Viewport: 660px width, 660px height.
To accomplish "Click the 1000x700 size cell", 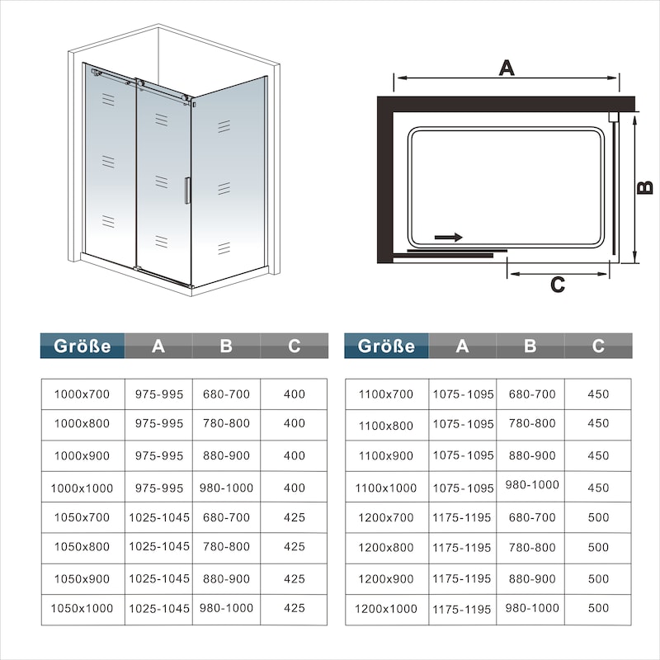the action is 82,394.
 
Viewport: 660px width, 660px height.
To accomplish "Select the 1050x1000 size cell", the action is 82,608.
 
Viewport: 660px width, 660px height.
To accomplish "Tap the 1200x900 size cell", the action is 386,579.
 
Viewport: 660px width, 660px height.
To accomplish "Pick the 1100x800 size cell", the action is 386,426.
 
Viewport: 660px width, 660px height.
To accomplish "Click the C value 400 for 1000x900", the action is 295,455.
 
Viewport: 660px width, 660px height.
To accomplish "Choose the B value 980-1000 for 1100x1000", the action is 532,485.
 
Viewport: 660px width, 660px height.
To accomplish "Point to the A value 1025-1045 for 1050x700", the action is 159,517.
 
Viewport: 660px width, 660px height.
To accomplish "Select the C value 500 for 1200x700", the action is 598,517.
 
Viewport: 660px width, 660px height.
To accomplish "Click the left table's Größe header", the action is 82,346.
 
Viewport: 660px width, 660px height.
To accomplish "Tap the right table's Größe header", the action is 386,346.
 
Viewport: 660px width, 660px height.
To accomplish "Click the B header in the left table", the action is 226,346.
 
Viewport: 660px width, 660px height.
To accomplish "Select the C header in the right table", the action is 598,346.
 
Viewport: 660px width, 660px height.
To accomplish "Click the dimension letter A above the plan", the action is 507,68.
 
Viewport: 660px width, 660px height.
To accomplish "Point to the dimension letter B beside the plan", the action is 645,187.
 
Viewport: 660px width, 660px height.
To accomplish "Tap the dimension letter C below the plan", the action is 558,285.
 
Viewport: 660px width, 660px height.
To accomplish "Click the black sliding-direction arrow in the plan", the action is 449,238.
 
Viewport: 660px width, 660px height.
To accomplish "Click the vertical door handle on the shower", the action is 187,191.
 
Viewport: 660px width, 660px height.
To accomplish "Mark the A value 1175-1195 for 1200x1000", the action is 462,610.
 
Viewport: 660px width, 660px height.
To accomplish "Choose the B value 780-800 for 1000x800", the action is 226,423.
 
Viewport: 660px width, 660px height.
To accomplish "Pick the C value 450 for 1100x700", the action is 598,394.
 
